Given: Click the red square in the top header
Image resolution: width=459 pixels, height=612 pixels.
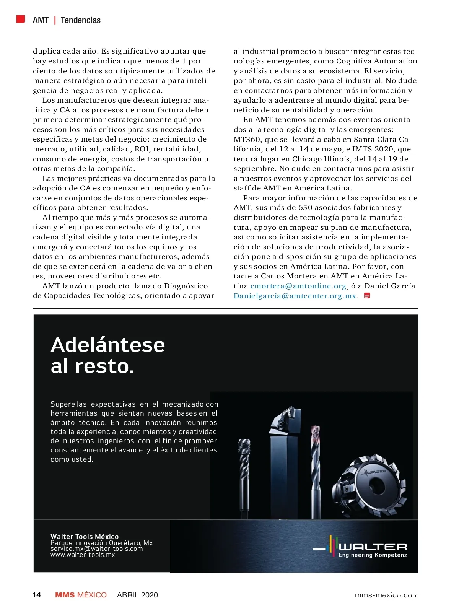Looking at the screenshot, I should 21,19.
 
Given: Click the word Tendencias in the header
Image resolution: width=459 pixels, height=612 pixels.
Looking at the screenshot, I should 80,20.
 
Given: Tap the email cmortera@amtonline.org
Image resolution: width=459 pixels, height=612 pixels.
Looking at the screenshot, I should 298,286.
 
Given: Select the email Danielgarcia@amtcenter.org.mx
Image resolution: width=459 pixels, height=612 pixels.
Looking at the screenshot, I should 295,296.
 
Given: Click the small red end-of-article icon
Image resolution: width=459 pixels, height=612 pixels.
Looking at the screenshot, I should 367,296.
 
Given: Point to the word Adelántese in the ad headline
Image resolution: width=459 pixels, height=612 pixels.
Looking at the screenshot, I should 108,345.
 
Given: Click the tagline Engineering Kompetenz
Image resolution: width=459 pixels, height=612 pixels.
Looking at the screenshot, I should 373,555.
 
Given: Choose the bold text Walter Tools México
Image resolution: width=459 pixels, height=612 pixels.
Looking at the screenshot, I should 85,537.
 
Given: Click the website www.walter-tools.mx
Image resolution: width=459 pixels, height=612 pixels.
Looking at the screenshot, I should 83,555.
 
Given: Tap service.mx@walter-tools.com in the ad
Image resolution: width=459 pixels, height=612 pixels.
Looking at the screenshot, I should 97,549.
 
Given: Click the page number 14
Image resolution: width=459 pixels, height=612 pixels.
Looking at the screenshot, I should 37,595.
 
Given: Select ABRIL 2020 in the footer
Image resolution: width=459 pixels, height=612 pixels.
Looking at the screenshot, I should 137,595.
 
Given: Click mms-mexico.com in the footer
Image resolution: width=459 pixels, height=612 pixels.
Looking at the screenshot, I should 386,595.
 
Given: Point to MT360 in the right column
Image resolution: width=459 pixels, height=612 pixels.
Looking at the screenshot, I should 247,140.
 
